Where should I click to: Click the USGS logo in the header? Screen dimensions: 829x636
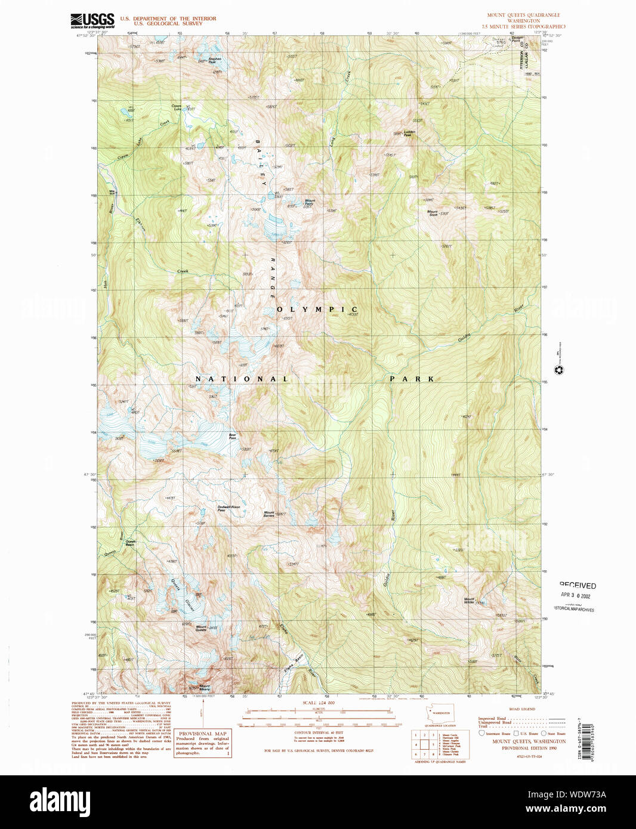(92, 21)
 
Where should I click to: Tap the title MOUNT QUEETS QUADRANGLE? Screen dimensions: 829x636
(523, 15)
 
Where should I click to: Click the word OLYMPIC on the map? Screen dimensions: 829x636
(317, 310)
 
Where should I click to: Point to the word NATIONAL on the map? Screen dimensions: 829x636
(242, 379)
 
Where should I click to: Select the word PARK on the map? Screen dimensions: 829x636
(412, 379)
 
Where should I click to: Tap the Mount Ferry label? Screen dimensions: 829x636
(309, 203)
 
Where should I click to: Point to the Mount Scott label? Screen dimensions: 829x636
(433, 212)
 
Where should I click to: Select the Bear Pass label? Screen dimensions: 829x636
(233, 436)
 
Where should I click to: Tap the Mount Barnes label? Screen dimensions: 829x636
(269, 514)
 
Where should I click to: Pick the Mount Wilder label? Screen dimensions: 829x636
(470, 601)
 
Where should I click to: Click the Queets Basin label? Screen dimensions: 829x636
(129, 543)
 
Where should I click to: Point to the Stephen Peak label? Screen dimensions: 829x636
(214, 60)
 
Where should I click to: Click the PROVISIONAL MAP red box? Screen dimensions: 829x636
(202, 744)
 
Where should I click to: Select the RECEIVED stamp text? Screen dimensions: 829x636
(578, 586)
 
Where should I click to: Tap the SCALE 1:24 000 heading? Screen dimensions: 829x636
(318, 703)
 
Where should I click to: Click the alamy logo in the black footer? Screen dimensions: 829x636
(60, 801)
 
